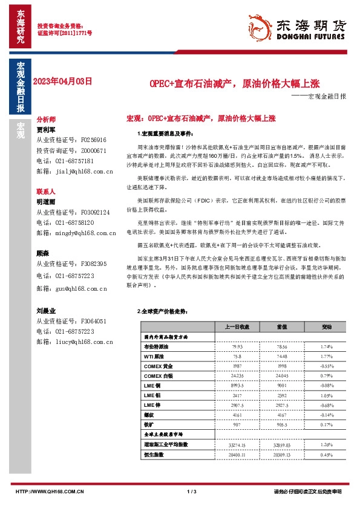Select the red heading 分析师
coord(46,120)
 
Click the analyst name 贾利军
coord(45,129)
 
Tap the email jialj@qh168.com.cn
coord(75,172)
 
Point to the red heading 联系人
coord(46,191)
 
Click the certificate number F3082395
coord(90,264)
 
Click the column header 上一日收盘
coord(234,327)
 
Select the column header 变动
coord(327,327)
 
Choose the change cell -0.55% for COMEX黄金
coord(327,366)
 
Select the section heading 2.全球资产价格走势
coord(159,312)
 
